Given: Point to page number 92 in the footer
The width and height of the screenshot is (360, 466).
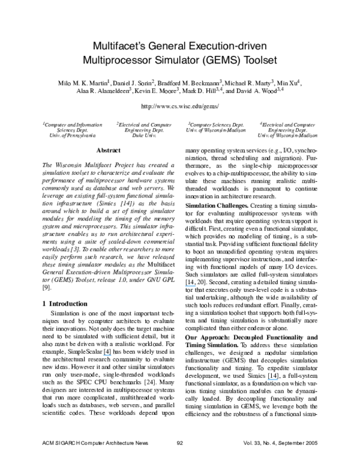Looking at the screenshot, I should coord(179,459).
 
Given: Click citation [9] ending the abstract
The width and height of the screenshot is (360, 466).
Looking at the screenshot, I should coord(46,287).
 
